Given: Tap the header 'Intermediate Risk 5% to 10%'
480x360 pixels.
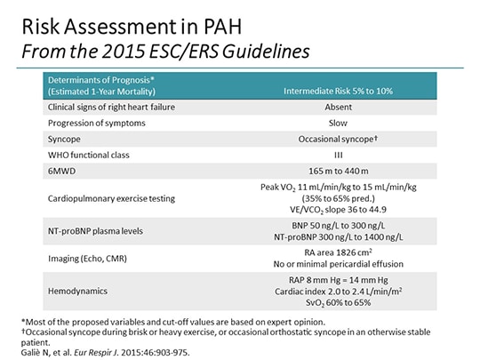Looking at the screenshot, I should point(339,91).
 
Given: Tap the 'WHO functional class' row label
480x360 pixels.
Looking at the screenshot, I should point(88,156).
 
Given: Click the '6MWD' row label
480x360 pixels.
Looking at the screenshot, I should point(60,172).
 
